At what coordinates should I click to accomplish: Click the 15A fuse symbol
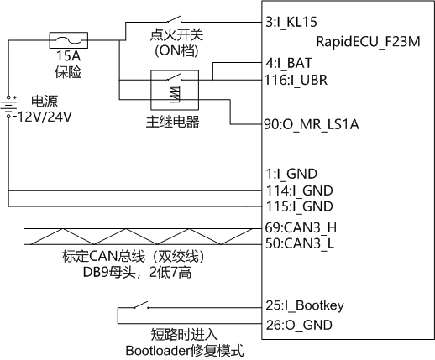click(x=69, y=40)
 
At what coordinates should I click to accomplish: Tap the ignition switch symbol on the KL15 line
click(x=174, y=19)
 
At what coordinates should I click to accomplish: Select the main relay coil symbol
click(x=175, y=94)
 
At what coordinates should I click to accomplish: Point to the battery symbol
click(x=8, y=107)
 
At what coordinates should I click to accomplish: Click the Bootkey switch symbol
click(x=141, y=305)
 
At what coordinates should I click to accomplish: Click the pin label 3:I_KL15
click(x=291, y=22)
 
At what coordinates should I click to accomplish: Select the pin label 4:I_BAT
click(x=289, y=63)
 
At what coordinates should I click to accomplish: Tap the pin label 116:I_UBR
click(x=296, y=80)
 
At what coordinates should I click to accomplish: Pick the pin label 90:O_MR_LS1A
click(x=312, y=124)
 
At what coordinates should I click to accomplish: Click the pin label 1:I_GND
click(x=291, y=174)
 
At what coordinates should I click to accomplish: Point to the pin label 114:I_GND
click(x=299, y=190)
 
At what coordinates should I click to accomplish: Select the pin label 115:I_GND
click(x=299, y=206)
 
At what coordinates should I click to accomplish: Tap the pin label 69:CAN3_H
click(x=301, y=227)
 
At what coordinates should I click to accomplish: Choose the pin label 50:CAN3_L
click(x=300, y=243)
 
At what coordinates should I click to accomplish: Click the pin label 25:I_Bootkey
click(x=305, y=305)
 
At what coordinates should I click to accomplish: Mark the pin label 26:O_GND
click(x=299, y=325)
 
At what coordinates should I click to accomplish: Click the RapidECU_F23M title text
click(x=368, y=42)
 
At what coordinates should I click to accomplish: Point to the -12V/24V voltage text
click(x=44, y=117)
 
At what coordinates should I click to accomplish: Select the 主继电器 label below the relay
click(x=172, y=122)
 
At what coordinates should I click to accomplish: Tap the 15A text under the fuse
click(x=68, y=55)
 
